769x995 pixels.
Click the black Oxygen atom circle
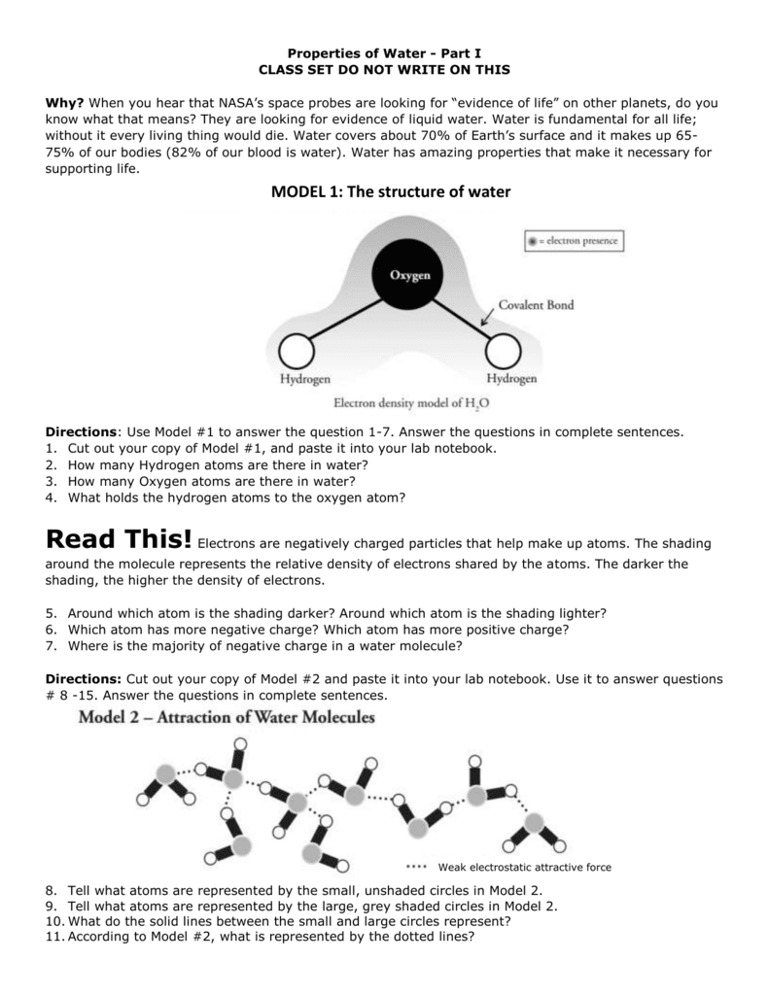[x=410, y=275]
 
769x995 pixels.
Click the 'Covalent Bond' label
[x=536, y=304]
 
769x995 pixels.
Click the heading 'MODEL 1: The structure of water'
[x=384, y=192]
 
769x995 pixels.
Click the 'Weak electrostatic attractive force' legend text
[x=524, y=867]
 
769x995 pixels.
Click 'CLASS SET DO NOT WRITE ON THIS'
[x=384, y=70]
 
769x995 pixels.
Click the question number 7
[x=50, y=644]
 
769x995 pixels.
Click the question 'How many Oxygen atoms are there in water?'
[x=212, y=480]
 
